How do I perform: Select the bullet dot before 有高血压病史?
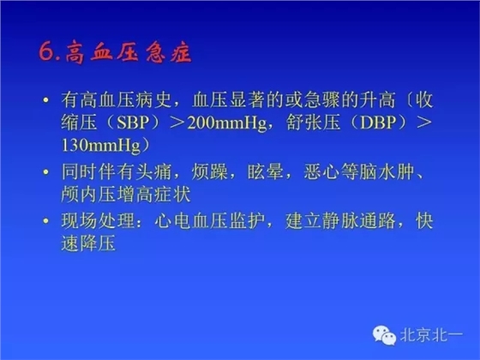pyautogui.click(x=45, y=100)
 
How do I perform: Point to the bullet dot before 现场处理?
pyautogui.click(x=45, y=222)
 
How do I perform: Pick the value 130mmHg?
pyautogui.click(x=101, y=147)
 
